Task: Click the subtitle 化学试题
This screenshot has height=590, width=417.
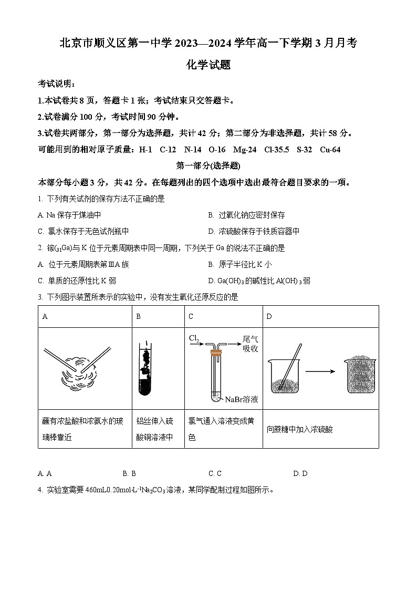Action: point(208,65)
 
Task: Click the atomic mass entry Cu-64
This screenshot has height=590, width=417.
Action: point(329,150)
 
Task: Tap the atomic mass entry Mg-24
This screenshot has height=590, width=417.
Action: point(245,150)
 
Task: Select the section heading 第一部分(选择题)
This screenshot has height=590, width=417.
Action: point(208,166)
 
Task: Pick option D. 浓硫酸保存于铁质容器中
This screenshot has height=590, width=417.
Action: point(254,231)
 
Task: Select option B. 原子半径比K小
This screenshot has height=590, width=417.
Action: point(240,264)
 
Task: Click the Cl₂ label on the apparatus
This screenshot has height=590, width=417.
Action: point(194,339)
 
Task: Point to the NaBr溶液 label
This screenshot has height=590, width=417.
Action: point(242,399)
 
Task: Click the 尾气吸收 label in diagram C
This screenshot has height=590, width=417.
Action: point(250,344)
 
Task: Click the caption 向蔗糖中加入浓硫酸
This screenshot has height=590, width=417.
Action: point(299,429)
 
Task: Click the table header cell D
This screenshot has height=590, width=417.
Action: point(269,317)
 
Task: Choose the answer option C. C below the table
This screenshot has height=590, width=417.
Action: point(215,473)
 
